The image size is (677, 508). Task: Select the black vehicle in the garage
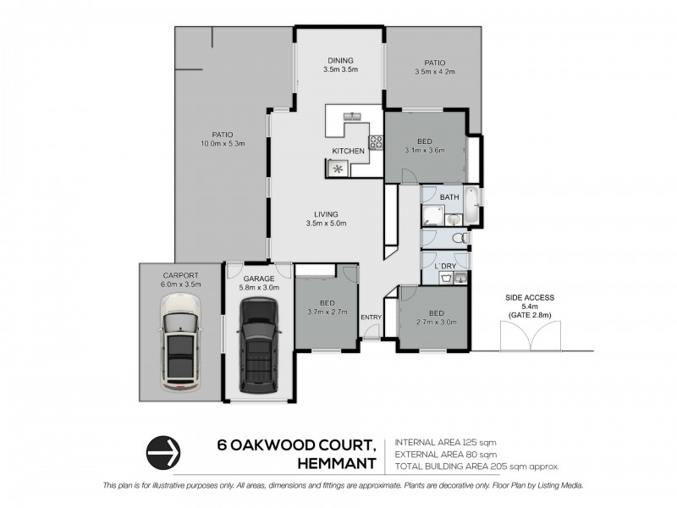coord(257,349)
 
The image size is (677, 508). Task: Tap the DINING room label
coord(341,59)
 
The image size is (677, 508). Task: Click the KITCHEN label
coord(348,151)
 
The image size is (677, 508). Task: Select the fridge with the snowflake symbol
coord(338,168)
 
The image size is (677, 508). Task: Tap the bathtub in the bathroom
coord(472,209)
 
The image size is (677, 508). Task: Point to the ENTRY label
coord(371,317)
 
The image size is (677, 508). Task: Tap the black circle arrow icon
coord(164,451)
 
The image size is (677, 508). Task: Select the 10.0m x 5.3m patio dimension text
coord(222,143)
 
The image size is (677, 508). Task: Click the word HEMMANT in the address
coord(338,461)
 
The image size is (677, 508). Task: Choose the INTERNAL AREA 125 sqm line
coord(448,442)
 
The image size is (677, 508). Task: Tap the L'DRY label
coord(445,268)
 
